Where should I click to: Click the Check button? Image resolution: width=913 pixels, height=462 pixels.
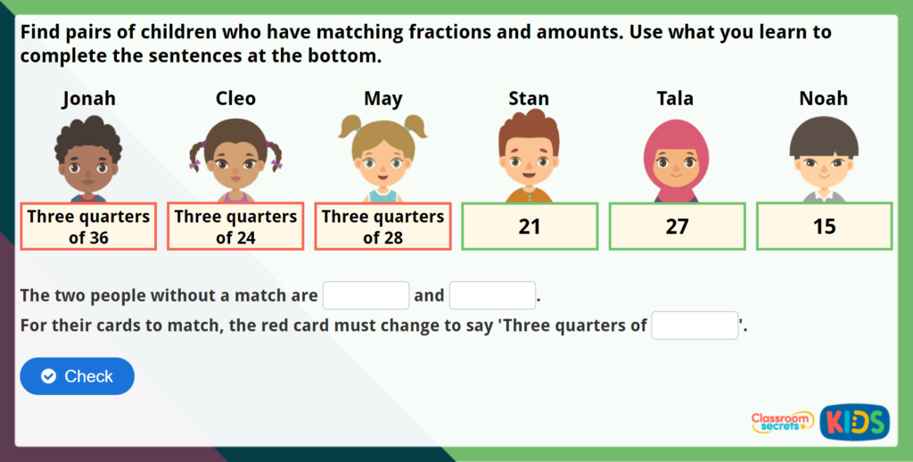[77, 376]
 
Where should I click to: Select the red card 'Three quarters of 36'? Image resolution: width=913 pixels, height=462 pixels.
[88, 227]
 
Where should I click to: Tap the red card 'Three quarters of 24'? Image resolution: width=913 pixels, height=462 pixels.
[235, 227]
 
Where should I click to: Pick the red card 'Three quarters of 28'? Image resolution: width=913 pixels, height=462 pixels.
[382, 227]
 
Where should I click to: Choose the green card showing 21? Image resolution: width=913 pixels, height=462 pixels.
[530, 227]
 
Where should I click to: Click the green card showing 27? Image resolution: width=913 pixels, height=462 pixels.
[677, 227]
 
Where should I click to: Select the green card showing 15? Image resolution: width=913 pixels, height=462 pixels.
[824, 227]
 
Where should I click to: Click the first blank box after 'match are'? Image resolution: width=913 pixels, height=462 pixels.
[366, 295]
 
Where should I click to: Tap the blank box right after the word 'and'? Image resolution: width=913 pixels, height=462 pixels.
[492, 295]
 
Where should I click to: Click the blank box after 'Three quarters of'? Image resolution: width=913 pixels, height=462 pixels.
[695, 326]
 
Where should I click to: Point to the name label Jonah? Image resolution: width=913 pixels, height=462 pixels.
[88, 98]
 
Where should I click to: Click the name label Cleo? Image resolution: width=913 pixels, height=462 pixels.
[235, 98]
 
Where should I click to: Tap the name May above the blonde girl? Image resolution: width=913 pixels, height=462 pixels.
[382, 98]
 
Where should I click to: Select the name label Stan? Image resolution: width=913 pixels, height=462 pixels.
[529, 98]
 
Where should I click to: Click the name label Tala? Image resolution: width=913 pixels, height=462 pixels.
[675, 98]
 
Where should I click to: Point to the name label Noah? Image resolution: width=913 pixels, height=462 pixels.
[823, 98]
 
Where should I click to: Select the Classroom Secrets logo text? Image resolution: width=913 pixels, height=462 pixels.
[782, 422]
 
